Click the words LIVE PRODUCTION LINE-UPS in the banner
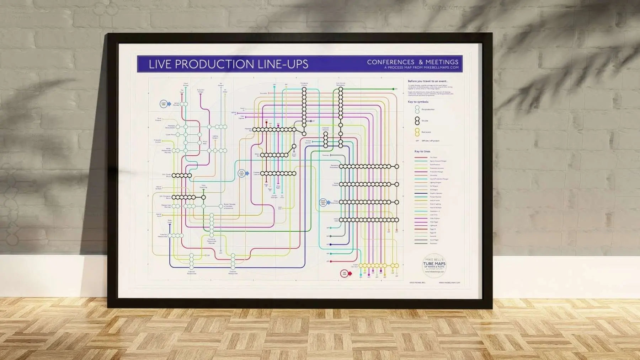pos(228,64)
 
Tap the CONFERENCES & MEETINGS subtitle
pos(412,62)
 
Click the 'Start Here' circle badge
pos(164,104)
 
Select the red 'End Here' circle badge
pos(344,273)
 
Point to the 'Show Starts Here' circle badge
pos(323,203)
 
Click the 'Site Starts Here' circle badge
pos(242,173)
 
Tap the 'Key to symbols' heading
pos(418,102)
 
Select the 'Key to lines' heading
pos(422,151)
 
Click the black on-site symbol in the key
pos(417,121)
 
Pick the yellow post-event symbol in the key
pos(417,132)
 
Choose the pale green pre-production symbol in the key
pos(417,109)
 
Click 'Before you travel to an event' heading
pos(427,81)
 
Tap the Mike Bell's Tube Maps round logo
pos(434,265)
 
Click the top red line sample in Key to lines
pos(421,157)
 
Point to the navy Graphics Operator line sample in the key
pos(421,193)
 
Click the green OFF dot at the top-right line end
pos(393,89)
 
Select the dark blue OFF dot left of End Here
pos(331,245)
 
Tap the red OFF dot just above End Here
pos(331,261)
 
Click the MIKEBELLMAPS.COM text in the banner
pos(441,68)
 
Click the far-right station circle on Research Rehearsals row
pos(397,166)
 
